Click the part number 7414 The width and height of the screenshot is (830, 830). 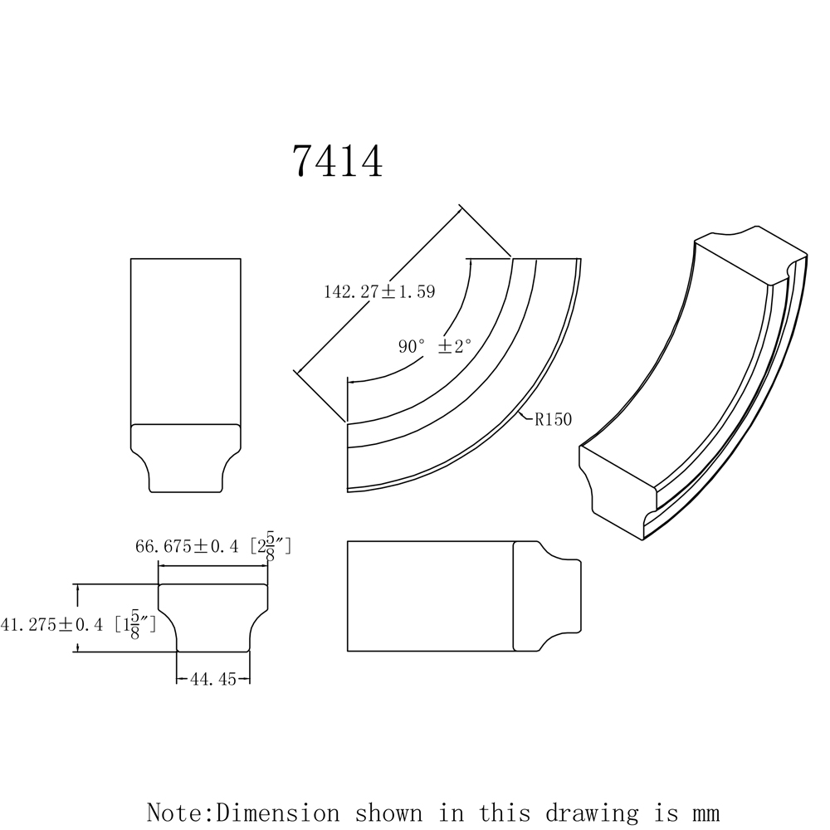coord(337,162)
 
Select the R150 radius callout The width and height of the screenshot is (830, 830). coord(553,419)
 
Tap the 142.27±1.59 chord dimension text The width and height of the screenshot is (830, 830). coord(379,292)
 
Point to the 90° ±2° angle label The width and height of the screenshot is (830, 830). coord(434,347)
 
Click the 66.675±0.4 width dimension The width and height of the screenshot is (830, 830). coord(187,546)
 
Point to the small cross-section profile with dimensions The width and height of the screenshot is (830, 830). coord(214,618)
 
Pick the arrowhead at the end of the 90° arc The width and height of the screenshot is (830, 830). coord(352,382)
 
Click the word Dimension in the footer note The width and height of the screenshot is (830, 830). coord(277,811)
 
